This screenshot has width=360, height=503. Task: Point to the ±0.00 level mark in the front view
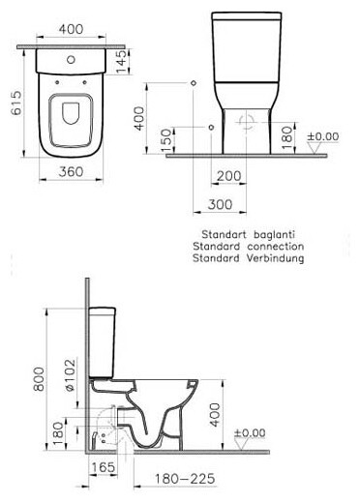(x=321, y=137)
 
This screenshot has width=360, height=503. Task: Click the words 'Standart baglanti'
(x=248, y=234)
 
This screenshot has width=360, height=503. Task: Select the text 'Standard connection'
(x=248, y=247)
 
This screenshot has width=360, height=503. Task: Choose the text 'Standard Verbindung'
(x=248, y=259)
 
